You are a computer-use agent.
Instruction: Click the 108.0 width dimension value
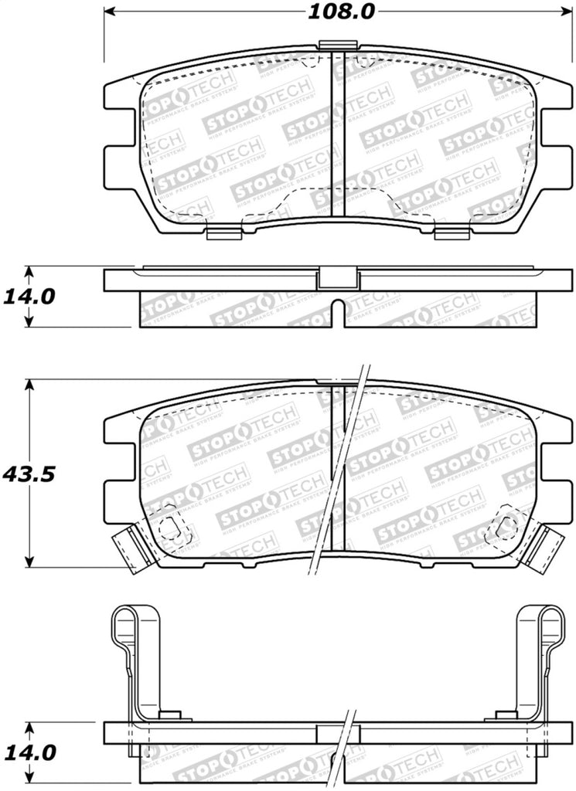tap(332, 12)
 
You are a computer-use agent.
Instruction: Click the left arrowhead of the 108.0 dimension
tap(109, 12)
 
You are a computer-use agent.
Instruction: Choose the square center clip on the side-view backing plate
tap(338, 277)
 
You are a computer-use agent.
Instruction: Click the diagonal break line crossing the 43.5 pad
tap(338, 471)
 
